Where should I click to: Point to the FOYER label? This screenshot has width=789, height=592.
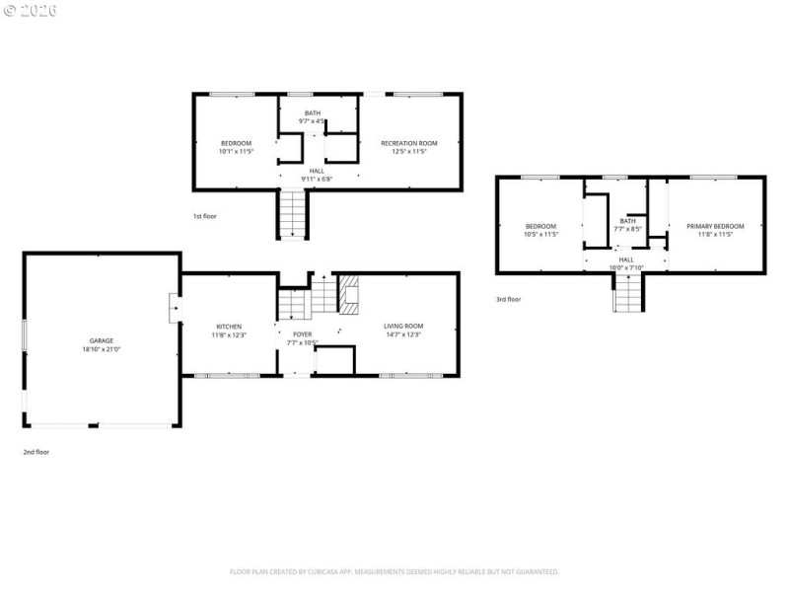[303, 334]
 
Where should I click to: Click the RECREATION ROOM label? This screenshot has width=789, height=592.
[409, 143]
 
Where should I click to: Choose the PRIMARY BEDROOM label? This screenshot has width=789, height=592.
[715, 226]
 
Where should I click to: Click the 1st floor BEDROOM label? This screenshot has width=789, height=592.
[236, 143]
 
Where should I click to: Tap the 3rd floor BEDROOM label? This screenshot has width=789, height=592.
[540, 226]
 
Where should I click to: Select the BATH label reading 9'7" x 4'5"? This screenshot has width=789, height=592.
[312, 113]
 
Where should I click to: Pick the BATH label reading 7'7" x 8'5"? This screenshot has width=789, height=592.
[627, 221]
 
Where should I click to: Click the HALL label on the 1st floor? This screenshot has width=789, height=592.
[317, 171]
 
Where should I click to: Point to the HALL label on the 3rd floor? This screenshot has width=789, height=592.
[625, 259]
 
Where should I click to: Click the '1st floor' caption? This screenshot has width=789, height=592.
[205, 215]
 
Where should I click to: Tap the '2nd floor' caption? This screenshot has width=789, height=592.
[36, 452]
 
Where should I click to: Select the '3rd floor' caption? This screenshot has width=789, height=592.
[508, 299]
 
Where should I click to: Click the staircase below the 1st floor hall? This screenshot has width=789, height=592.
[293, 213]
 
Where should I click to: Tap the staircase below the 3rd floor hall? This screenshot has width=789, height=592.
[627, 293]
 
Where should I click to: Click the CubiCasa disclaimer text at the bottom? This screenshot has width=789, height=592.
[394, 571]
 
